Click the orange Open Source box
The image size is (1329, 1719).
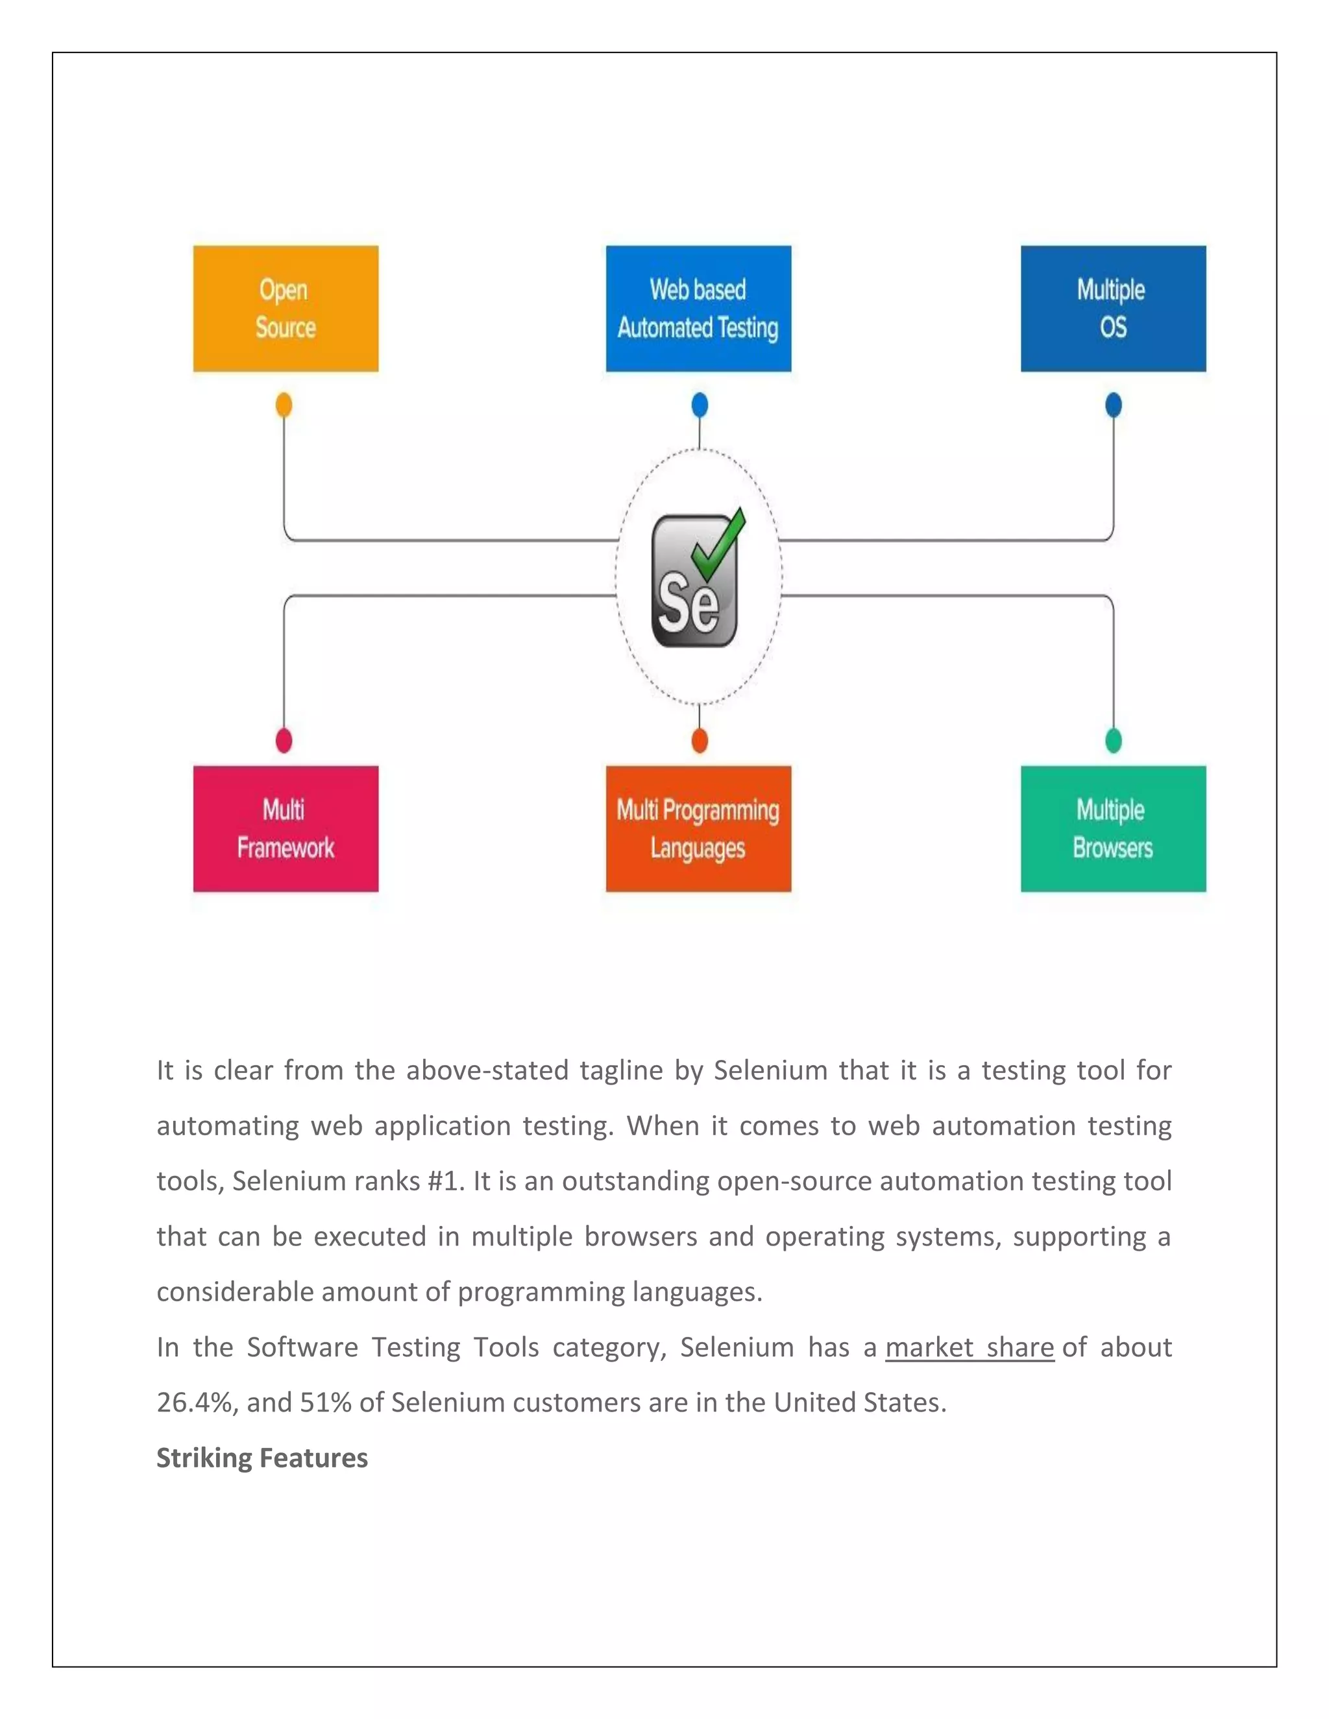[286, 309]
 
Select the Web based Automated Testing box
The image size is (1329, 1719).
[698, 309]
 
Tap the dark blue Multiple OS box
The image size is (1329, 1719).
[1114, 309]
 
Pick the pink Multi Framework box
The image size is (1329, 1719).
[286, 829]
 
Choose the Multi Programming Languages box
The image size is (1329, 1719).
[698, 829]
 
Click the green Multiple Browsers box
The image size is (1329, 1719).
[1114, 829]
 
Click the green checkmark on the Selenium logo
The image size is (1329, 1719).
[718, 543]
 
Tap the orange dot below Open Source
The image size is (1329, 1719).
[284, 405]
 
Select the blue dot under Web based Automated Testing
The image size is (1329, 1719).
[699, 405]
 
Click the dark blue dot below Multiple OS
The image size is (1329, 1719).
[1114, 405]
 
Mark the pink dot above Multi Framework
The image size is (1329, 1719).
[284, 740]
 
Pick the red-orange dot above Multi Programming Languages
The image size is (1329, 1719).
[699, 740]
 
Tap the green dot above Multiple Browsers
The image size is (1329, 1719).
[1114, 740]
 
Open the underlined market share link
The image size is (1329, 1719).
[969, 1347]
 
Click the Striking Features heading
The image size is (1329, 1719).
[262, 1458]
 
